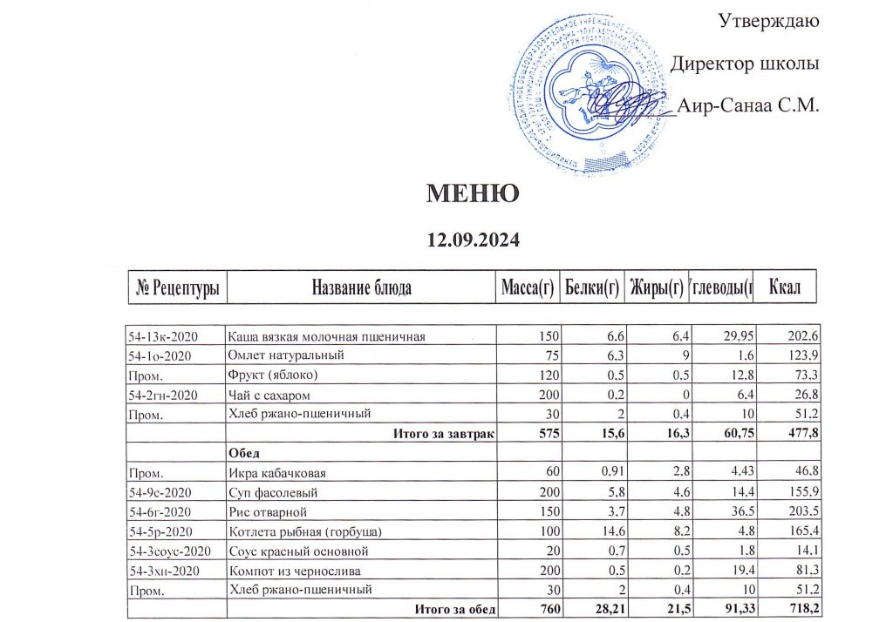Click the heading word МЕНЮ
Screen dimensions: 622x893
click(x=473, y=193)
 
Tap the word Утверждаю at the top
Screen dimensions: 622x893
click(x=767, y=19)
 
